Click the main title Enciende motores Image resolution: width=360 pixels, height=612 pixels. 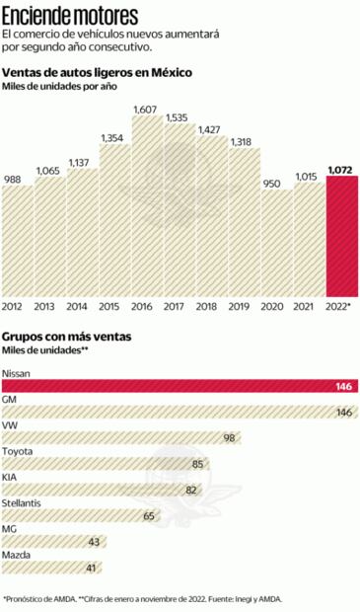point(70,14)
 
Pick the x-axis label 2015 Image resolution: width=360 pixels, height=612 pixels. point(112,308)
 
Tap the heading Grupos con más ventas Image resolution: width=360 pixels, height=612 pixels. point(68,337)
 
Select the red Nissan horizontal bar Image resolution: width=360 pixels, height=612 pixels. point(180,386)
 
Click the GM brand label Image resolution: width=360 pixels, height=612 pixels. point(11,400)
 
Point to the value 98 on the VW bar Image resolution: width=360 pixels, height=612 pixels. point(230,437)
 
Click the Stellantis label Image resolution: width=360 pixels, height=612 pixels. point(23,502)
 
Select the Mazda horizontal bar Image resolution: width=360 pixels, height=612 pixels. point(51,567)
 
